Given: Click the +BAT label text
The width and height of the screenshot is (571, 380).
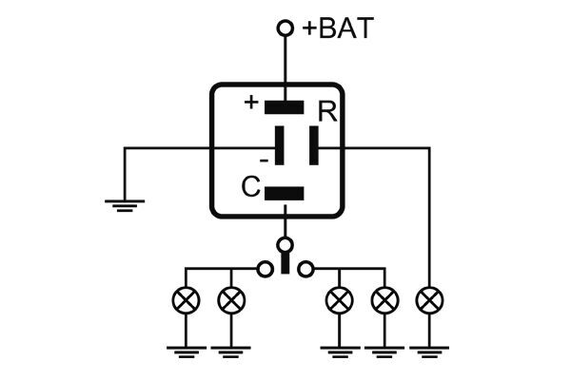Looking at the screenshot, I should point(338,28).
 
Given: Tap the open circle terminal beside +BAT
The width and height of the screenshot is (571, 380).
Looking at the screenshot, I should point(284,28).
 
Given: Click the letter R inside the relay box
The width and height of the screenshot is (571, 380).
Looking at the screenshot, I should point(327,112).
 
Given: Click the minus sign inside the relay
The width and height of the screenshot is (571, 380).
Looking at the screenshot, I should point(264,159).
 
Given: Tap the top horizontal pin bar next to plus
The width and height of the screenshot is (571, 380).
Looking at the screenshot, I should point(284,104).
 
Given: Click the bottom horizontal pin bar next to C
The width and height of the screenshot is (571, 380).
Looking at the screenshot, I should point(284,193).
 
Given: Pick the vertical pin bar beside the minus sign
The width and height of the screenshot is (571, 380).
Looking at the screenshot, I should point(279,148).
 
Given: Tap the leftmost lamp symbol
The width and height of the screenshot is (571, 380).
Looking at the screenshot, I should point(186,301).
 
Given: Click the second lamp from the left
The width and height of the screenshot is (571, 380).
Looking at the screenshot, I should point(230,301).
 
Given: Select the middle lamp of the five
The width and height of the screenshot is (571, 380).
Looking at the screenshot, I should point(339,301).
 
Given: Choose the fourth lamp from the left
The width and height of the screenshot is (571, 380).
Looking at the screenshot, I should point(384,301).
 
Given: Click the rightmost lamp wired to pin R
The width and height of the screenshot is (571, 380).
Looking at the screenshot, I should point(430,301).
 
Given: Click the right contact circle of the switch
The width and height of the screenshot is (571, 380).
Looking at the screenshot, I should point(305,270).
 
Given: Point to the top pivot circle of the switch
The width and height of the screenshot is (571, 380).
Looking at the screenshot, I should point(284,245).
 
